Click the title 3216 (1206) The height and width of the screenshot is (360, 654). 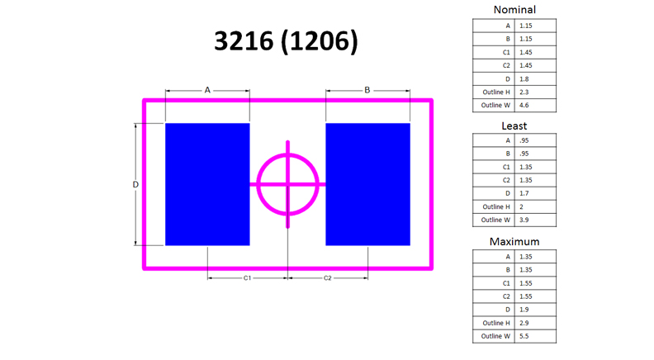[286, 41]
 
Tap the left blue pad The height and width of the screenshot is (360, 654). [207, 184]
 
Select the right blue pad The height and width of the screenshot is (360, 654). [368, 184]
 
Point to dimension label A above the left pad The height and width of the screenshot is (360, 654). [207, 90]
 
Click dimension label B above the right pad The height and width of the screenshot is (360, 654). [367, 90]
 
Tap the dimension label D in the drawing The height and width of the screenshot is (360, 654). [135, 184]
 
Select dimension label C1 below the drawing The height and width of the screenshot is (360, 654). [248, 277]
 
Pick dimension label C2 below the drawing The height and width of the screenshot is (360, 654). [328, 277]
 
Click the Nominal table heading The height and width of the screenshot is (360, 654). [514, 10]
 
